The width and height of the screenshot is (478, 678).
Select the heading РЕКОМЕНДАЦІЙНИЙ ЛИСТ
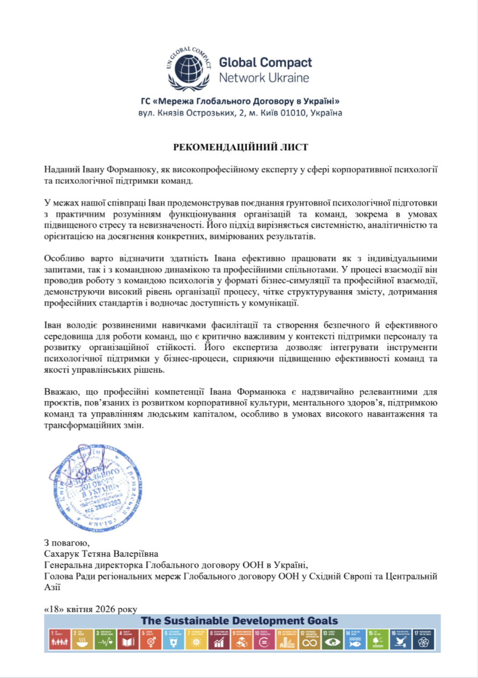tap(241, 146)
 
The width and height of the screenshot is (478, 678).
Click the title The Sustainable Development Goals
tap(239, 621)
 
